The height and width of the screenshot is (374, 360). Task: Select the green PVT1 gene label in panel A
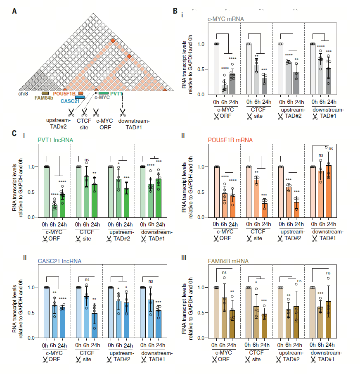(x=117, y=94)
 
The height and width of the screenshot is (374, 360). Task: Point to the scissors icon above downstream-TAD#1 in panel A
(x=122, y=112)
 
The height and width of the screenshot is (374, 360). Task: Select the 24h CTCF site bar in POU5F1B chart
(x=265, y=210)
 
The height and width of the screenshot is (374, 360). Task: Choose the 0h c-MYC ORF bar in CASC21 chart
(x=47, y=312)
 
